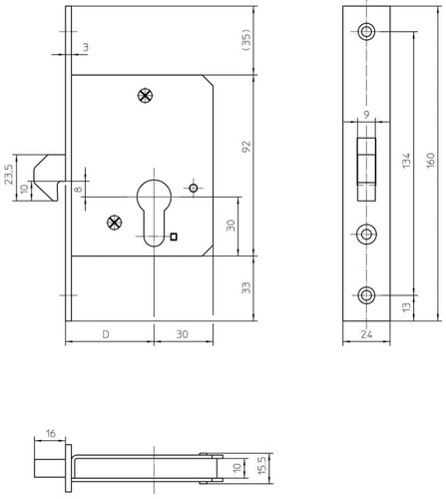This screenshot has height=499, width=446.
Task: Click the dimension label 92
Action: [246, 147]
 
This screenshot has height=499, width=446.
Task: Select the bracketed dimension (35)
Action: [246, 40]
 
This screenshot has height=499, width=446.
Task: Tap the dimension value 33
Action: [246, 287]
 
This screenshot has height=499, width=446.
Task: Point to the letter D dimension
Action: [106, 334]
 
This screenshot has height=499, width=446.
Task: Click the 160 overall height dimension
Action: [430, 161]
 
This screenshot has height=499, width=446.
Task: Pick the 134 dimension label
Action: [406, 161]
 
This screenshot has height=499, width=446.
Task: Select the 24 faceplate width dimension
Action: [366, 334]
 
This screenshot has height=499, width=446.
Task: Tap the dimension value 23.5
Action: [9, 175]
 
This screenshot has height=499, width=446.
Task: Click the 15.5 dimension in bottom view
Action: [262, 466]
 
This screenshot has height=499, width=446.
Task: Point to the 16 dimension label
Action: [51, 434]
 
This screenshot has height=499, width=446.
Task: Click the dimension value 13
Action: [406, 306]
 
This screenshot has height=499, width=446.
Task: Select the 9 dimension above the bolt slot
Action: [366, 115]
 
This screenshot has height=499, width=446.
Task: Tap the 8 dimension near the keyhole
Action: [78, 190]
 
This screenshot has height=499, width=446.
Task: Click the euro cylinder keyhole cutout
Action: [154, 213]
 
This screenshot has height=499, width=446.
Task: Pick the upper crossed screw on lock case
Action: [146, 96]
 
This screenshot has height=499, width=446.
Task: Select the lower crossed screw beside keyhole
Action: [115, 223]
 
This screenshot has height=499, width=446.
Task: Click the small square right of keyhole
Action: [174, 237]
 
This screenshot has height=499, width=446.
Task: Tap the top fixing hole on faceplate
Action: [366, 32]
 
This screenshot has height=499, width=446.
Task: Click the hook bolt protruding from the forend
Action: [49, 178]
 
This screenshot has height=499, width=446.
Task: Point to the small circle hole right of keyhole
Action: [194, 189]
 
